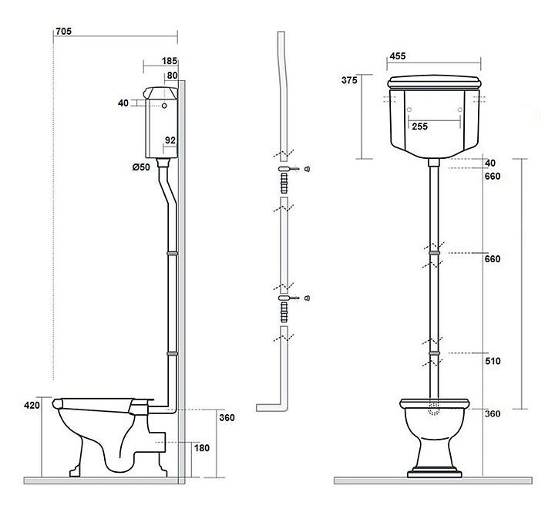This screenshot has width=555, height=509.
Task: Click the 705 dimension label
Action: pyautogui.click(x=64, y=31)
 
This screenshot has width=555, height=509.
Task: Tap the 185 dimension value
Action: pyautogui.click(x=169, y=61)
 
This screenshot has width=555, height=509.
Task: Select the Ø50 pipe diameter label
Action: pyautogui.click(x=141, y=167)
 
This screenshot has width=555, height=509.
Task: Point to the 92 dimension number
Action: pyautogui.click(x=170, y=140)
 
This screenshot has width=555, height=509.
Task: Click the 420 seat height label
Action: pyautogui.click(x=32, y=405)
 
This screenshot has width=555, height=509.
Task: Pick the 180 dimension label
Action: pyautogui.click(x=202, y=448)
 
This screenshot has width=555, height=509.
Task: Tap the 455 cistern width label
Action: pyautogui.click(x=398, y=56)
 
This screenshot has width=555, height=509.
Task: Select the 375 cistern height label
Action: pyautogui.click(x=349, y=80)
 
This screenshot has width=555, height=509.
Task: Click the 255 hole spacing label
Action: pyautogui.click(x=420, y=126)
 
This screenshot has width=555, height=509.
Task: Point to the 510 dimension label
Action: pyautogui.click(x=493, y=361)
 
